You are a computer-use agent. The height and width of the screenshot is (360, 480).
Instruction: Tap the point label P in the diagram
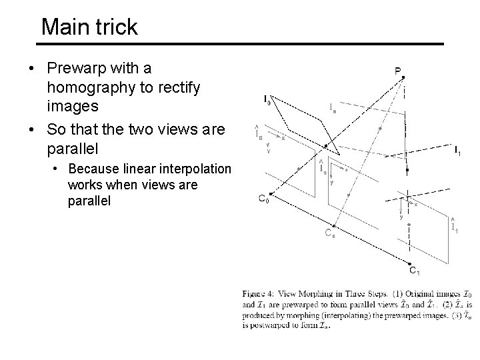397,69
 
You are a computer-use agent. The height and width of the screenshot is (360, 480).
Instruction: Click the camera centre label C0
264,198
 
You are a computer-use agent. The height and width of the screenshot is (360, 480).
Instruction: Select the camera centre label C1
414,271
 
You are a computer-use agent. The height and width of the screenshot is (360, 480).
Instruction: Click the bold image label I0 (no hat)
267,100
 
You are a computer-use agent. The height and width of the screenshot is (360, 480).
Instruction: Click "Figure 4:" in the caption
261,293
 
